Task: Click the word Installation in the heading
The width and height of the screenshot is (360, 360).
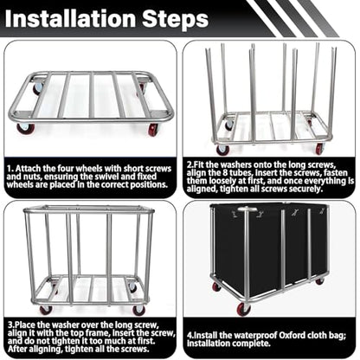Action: pos(71,18)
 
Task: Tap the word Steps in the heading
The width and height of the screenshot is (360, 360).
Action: pos(175,19)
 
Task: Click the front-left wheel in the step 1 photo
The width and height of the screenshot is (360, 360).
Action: pos(25,128)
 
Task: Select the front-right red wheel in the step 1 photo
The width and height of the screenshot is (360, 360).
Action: pos(153,130)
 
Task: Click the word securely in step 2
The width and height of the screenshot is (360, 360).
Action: pos(305,190)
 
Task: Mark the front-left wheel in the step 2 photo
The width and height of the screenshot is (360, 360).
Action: pos(223,150)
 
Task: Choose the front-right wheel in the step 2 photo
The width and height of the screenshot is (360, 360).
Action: pos(319,148)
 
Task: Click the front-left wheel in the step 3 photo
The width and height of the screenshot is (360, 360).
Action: pos(47,310)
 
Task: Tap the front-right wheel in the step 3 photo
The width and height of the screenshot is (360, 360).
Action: pos(139,310)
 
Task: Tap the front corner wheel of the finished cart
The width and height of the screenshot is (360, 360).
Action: pos(244,309)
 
